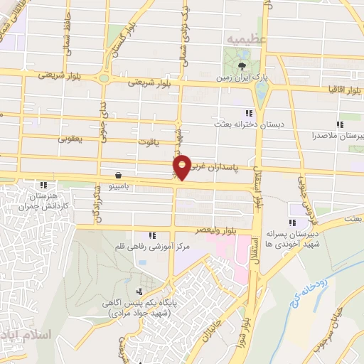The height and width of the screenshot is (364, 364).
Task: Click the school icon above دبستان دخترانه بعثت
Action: [249, 113]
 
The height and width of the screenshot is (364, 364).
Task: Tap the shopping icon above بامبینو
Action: [117, 174]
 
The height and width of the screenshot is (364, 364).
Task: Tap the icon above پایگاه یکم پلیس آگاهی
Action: [139, 291]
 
